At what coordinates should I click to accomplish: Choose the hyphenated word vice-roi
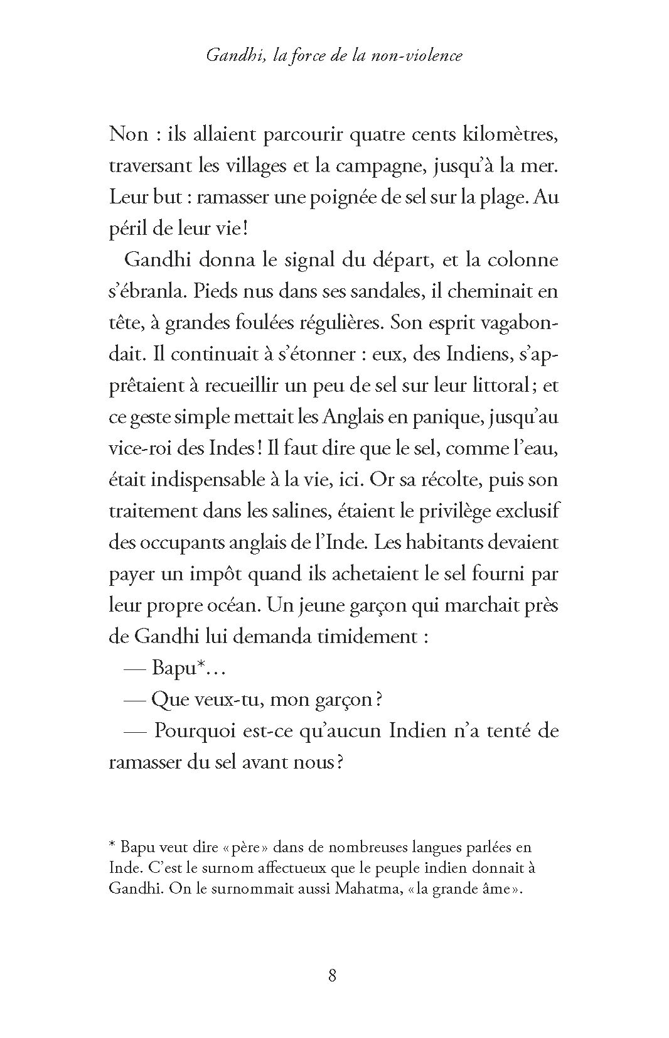pos(140,448)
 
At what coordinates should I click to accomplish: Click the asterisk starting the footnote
pos(112,846)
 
